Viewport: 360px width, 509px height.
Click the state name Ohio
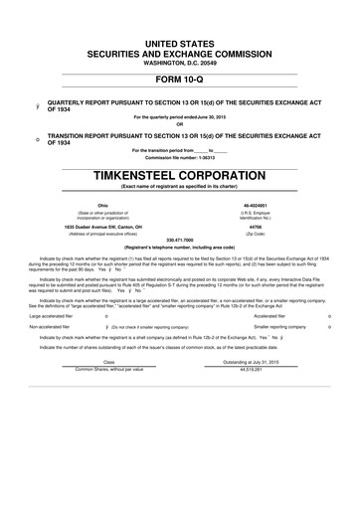(102, 203)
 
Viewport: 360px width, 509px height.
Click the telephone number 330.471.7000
(179, 240)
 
